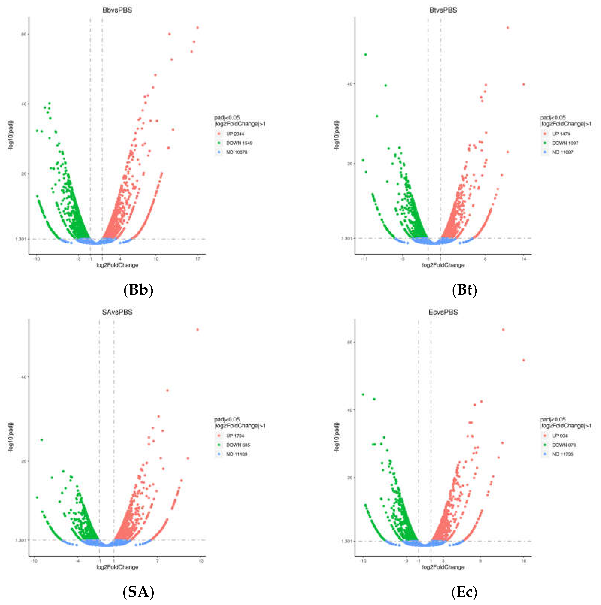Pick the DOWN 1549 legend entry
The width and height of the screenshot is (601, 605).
click(239, 143)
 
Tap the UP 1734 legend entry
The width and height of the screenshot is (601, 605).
click(235, 436)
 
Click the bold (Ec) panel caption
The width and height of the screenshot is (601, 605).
click(464, 592)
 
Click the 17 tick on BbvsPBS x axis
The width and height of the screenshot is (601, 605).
click(198, 259)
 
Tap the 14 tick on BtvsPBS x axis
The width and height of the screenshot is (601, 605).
click(524, 259)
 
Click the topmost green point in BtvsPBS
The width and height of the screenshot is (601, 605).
click(366, 55)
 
